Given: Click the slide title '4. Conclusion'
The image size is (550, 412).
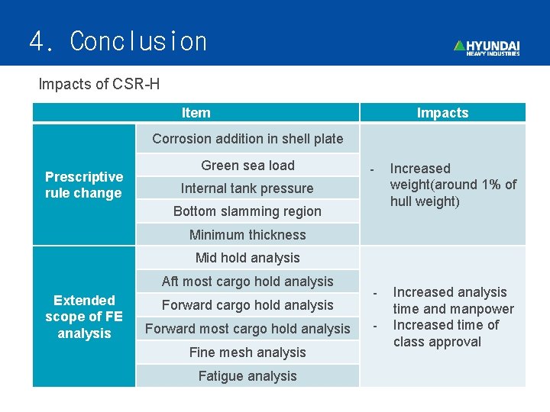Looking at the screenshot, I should coord(118,41).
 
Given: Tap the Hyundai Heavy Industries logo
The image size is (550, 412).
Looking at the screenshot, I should coord(487,47).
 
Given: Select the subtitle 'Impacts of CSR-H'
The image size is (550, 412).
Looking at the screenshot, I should coord(99,84).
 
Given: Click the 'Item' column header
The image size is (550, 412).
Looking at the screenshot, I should coord(196,113).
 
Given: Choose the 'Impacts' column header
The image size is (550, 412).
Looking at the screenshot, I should coord(442,113).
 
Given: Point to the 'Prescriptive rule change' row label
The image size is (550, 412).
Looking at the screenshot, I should coord(84,185).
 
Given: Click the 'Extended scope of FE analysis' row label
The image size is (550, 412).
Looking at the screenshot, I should coord(84,317).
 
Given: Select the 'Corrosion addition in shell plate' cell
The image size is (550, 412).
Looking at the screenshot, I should coord(247,139).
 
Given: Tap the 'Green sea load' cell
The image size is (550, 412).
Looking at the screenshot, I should coord(247,166).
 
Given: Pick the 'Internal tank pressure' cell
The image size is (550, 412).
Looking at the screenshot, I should coord(247,188).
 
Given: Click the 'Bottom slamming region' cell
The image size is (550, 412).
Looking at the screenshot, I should coord(247,211).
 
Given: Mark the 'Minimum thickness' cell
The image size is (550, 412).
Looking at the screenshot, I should coord(247,235).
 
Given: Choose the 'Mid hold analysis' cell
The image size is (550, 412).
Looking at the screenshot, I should coord(247,258).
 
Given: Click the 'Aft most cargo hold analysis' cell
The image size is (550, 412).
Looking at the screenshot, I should coord(247,282).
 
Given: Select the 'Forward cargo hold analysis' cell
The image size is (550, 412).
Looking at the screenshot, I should coord(247,305).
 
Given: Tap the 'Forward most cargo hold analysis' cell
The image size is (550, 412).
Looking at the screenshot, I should coord(247,329).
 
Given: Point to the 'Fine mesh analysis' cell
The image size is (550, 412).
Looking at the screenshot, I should coord(247,352).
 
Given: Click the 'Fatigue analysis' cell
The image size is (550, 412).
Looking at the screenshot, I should coord(247,376).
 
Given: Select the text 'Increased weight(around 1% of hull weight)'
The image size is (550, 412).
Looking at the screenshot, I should coord(452,185).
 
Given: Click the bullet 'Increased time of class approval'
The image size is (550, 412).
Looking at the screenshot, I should coord(445,333).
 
